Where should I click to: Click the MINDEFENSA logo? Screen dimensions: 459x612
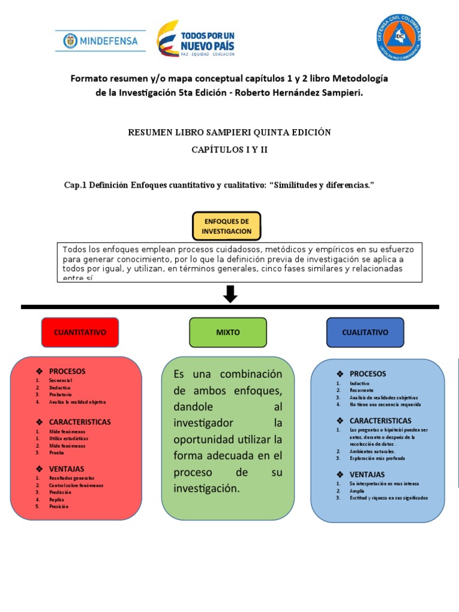click(100, 41)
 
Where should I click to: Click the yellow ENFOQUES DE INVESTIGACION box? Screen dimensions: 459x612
click(227, 226)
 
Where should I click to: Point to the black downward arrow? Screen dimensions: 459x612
click(230, 294)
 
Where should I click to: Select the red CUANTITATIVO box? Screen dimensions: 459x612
click(80, 332)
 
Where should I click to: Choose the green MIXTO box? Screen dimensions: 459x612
click(228, 332)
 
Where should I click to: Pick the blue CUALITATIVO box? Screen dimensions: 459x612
click(365, 332)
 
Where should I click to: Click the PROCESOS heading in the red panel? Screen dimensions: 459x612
click(67, 371)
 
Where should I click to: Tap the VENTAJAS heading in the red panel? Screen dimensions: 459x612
click(66, 469)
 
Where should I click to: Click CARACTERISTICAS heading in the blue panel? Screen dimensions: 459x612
click(380, 421)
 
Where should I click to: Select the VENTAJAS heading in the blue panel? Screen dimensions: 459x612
click(367, 474)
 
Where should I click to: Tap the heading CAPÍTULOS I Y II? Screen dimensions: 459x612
click(229, 149)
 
